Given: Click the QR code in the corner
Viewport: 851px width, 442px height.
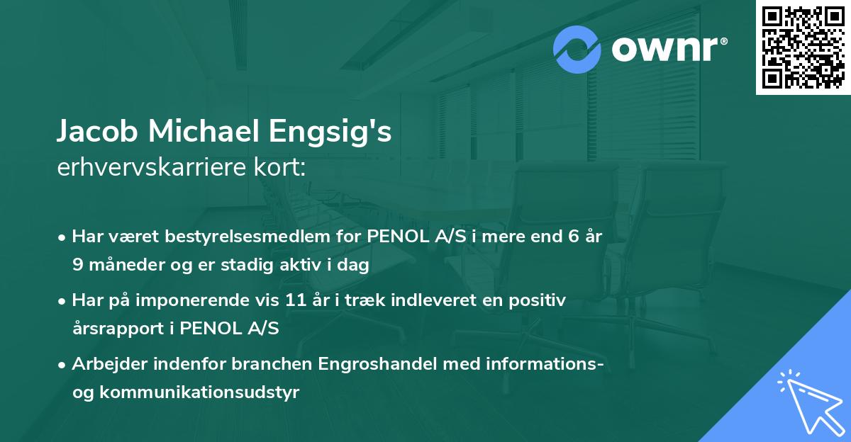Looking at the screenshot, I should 802,47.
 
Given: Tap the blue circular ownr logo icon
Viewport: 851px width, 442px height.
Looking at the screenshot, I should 577,49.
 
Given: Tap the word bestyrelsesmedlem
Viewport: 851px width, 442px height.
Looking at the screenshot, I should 241,237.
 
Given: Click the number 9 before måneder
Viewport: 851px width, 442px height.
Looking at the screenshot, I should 77,265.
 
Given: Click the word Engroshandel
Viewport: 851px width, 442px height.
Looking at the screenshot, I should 365,364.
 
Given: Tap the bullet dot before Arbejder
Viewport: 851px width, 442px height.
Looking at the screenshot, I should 63,365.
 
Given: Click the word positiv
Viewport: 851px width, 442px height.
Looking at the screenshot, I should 540,300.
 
